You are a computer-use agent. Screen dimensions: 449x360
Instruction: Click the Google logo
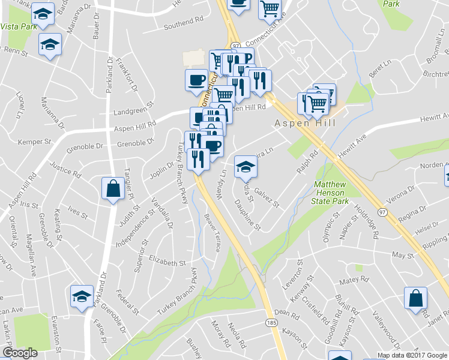[x=20, y=353]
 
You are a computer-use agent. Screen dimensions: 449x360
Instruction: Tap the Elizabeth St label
[x=167, y=263]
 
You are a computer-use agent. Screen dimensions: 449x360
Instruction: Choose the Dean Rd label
[x=286, y=313]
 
